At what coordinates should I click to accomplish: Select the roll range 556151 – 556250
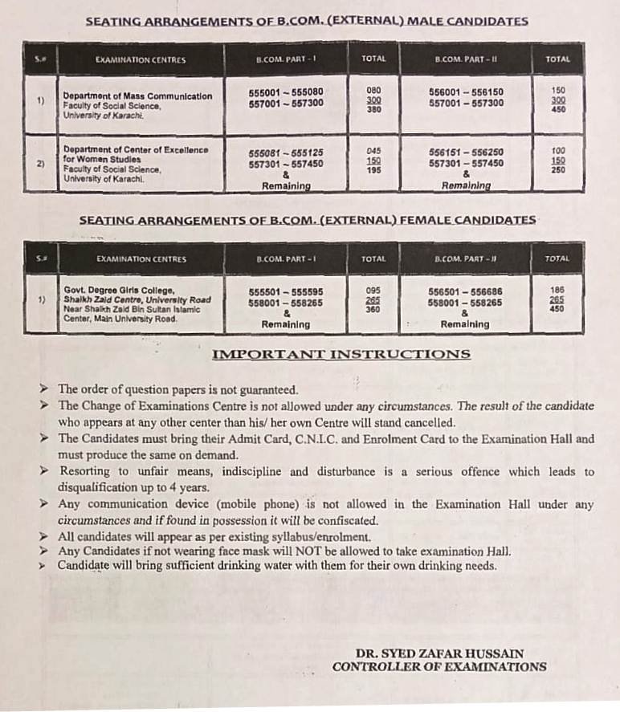pos(466,151)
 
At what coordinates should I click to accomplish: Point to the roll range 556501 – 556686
pos(466,292)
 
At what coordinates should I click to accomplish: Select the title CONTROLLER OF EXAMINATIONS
pos(439,666)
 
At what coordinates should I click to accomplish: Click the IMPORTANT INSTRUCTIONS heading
pos(341,354)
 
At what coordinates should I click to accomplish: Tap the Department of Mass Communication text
pos(137,96)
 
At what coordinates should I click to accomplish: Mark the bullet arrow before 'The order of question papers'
pos(47,390)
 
